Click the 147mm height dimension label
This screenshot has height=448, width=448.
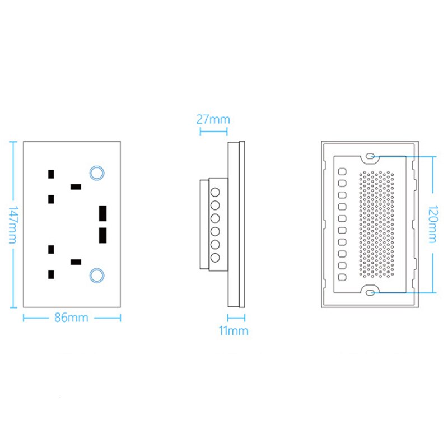pos(13,225)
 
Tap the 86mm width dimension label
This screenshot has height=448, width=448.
pos(71,318)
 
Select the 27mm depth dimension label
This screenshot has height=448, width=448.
pos(213,119)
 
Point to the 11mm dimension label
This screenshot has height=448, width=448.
pos(234,330)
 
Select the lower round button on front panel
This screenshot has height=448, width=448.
pos(96,275)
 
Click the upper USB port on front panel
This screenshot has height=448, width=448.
pos(102,214)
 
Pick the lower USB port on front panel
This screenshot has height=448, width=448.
pos(102,236)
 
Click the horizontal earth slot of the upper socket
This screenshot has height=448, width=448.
pos(75,186)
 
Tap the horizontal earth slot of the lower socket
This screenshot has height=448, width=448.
pos(75,262)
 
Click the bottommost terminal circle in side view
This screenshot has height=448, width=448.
pos(214,258)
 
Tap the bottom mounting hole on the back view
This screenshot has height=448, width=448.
pos(370,291)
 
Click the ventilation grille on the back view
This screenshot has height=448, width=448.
pos(376,224)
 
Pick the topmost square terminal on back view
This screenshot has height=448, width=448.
pos(342,170)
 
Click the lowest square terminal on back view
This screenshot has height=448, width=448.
pos(342,277)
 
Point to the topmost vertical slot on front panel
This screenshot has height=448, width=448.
pos(51,174)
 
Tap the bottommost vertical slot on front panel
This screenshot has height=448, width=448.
pos(51,274)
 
